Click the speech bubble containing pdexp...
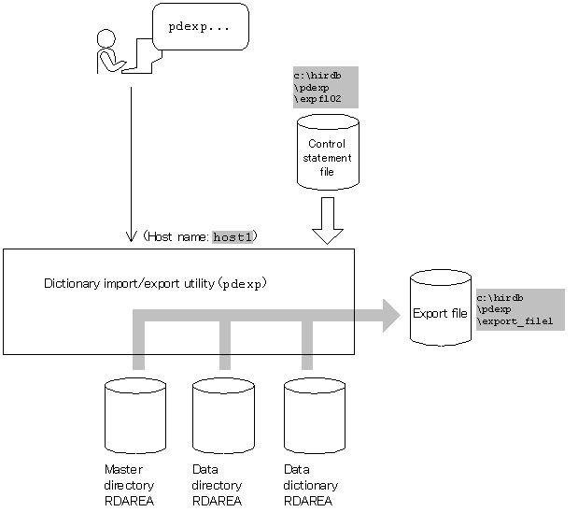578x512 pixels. [x=201, y=26]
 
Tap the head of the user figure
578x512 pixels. [x=106, y=38]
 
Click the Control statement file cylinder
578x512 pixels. [x=328, y=152]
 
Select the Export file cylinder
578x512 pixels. [x=441, y=307]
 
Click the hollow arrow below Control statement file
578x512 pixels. [x=328, y=220]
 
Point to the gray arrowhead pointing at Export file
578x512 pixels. [x=391, y=316]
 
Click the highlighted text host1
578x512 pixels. [x=233, y=236]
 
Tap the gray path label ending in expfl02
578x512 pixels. [x=326, y=87]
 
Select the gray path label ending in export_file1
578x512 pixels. [x=520, y=309]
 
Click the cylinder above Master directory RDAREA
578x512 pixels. [x=135, y=416]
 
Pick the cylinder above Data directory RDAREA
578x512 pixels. [x=223, y=416]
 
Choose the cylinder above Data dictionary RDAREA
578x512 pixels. [x=315, y=416]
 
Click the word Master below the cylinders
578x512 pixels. [x=123, y=469]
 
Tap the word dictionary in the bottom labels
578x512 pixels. [x=310, y=485]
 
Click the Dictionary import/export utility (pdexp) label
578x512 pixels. [x=155, y=284]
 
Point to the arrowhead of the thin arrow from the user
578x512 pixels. [x=131, y=241]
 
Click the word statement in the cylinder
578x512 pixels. [x=327, y=158]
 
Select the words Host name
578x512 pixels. [x=178, y=236]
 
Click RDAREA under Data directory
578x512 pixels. [x=217, y=501]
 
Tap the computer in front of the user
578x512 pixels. [x=142, y=55]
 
